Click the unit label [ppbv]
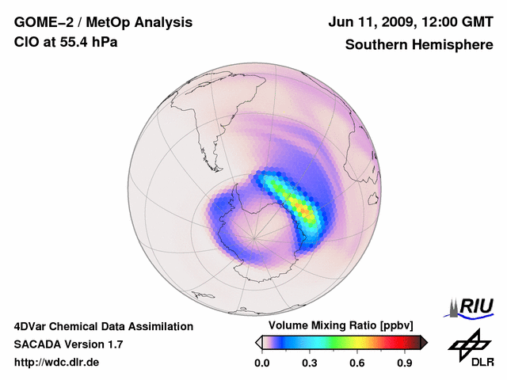pos(395,326)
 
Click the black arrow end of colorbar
pos(424,342)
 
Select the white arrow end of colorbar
pos(258,342)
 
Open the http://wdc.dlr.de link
pos(57,363)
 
